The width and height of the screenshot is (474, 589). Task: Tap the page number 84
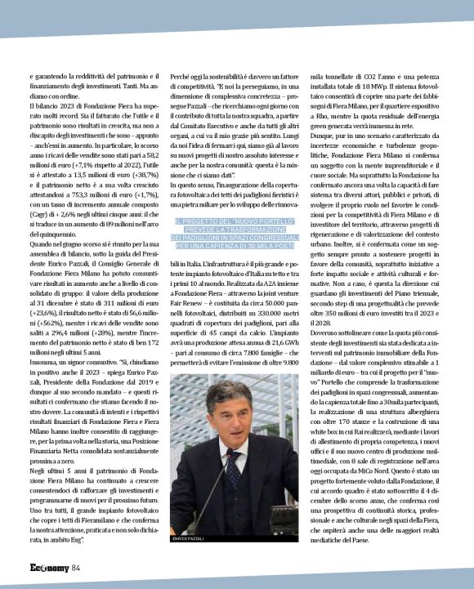coord(75,568)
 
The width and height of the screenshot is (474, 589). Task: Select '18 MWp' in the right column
coord(385,86)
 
